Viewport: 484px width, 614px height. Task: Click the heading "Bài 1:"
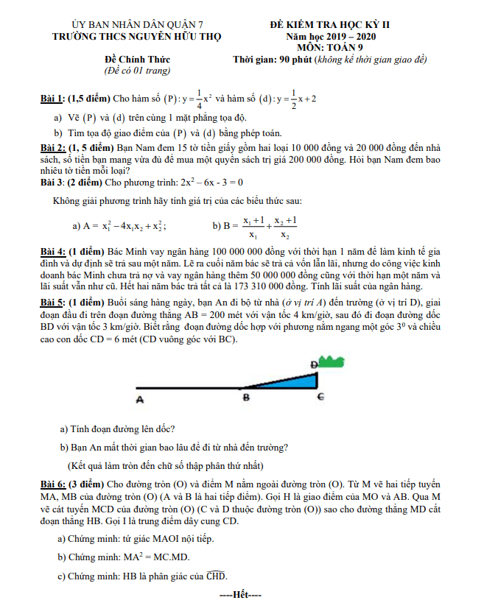pos(54,98)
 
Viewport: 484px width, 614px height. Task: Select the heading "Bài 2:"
pos(54,148)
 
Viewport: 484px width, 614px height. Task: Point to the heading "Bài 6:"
pos(54,484)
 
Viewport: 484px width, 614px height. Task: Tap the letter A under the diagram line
pos(138,399)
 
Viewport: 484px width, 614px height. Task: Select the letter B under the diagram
pos(246,398)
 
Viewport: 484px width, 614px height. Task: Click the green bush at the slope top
pos(332,361)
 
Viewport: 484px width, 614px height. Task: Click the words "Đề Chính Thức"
pos(137,60)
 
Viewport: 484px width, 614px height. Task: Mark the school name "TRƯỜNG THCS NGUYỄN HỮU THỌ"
pos(137,36)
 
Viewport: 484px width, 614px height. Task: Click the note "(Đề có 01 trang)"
pos(137,71)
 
